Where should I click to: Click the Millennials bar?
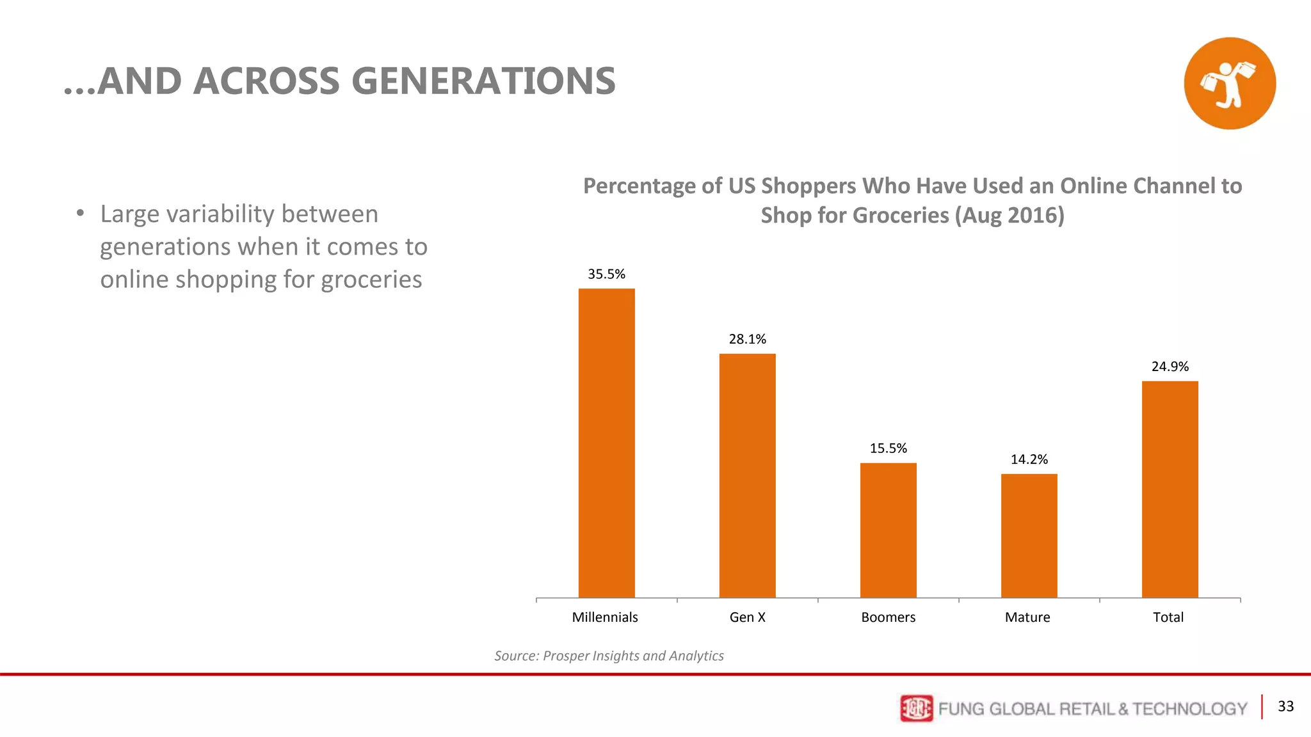coord(606,443)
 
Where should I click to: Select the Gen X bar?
coord(747,475)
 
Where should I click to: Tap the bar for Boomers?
coord(888,530)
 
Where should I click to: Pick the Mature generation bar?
coord(1029,535)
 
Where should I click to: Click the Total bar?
coord(1170,489)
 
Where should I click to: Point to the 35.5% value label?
coord(606,274)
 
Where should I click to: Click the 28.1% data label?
coord(747,340)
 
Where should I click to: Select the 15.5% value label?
coord(888,448)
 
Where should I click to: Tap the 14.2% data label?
coord(1029,459)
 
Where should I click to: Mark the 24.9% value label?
coord(1170,367)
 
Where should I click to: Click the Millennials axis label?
coord(604,617)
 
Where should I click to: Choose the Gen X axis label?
coord(747,617)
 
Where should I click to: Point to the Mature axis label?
coord(1027,617)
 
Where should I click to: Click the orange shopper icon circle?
coord(1229,83)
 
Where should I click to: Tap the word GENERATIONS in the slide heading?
coord(483,81)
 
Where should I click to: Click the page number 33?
coord(1285,706)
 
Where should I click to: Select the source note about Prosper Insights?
coord(609,656)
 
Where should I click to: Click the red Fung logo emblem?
coord(916,708)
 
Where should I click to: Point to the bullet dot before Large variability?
coord(80,213)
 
